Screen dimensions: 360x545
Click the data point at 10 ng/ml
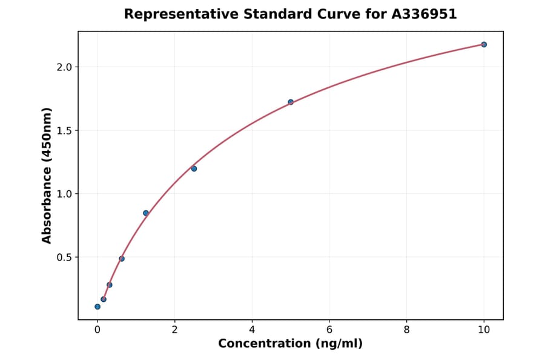(484, 44)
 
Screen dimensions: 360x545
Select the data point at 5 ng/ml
(291, 102)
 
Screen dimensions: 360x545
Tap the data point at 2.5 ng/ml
(194, 168)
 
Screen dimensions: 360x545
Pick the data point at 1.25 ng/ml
(146, 213)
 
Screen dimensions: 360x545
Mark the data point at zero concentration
(97, 307)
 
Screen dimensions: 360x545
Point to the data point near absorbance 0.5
(122, 259)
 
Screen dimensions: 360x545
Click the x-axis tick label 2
(174, 330)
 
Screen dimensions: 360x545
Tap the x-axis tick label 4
(252, 330)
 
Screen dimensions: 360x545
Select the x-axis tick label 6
(329, 330)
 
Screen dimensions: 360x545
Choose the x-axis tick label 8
(406, 330)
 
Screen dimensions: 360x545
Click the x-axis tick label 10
(484, 330)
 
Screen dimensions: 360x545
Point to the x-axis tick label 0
(97, 330)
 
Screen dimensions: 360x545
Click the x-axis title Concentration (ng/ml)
(290, 344)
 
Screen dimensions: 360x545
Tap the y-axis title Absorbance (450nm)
(47, 175)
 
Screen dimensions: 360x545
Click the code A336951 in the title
(423, 14)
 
